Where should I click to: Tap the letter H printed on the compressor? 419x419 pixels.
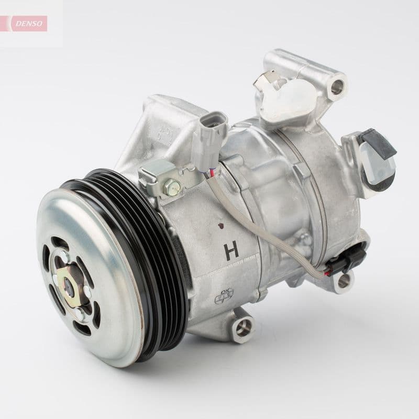coord(231,250)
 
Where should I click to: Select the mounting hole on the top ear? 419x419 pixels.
coord(338,85)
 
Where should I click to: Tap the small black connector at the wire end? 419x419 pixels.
coord(344,262)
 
